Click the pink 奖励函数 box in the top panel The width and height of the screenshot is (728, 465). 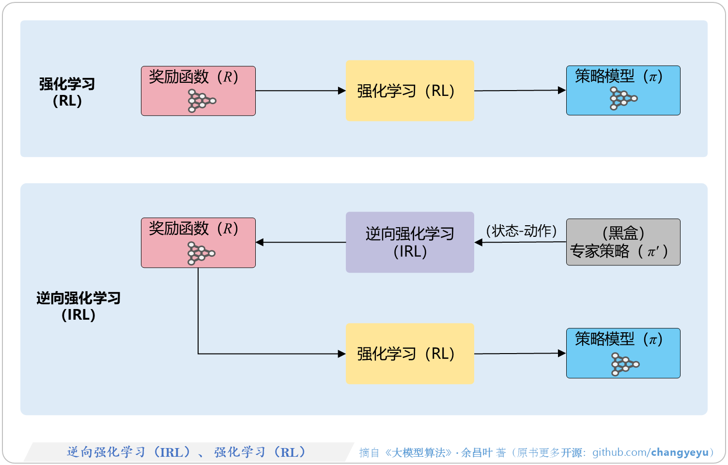[198, 91]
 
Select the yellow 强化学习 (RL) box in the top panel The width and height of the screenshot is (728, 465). [409, 91]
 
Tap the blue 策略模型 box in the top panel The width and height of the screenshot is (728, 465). [623, 91]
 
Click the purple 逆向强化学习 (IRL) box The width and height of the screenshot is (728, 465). [409, 242]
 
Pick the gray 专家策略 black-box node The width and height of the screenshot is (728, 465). [623, 242]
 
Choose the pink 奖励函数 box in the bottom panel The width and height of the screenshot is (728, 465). [198, 242]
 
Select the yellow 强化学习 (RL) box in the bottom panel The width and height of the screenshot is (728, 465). [409, 354]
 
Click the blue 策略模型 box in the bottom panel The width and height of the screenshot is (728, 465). [623, 353]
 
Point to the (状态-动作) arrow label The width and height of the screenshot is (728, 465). [521, 231]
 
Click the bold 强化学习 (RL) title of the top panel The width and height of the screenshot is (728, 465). [67, 92]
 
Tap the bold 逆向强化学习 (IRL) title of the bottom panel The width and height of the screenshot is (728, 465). [78, 306]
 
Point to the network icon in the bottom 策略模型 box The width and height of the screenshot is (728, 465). [625, 364]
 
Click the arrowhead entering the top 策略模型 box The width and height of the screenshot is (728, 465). [562, 90]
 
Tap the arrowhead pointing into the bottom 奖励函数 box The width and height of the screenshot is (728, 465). [260, 242]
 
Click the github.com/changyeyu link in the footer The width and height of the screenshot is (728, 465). [651, 452]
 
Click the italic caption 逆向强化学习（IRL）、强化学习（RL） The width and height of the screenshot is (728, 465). [186, 452]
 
